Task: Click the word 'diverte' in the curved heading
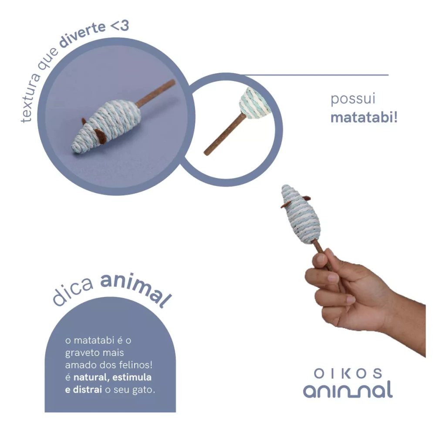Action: [82, 36]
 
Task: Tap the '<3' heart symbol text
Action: [119, 26]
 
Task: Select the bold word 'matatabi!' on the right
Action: [364, 117]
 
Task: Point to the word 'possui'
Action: [353, 99]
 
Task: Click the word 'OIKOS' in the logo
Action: [348, 373]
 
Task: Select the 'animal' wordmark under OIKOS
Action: [348, 390]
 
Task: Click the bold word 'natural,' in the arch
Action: [91, 378]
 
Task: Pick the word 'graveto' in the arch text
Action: [80, 353]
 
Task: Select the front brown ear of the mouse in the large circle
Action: [101, 136]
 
